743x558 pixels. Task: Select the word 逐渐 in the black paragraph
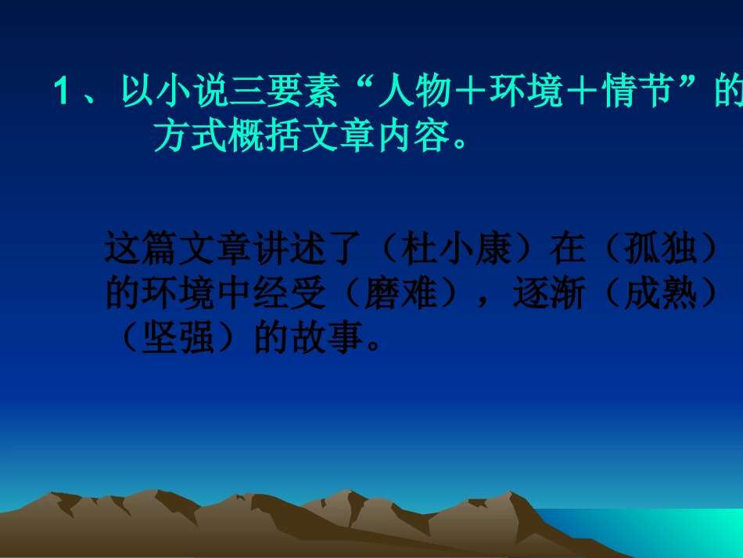(x=545, y=295)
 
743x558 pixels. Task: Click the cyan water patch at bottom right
(x=673, y=532)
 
